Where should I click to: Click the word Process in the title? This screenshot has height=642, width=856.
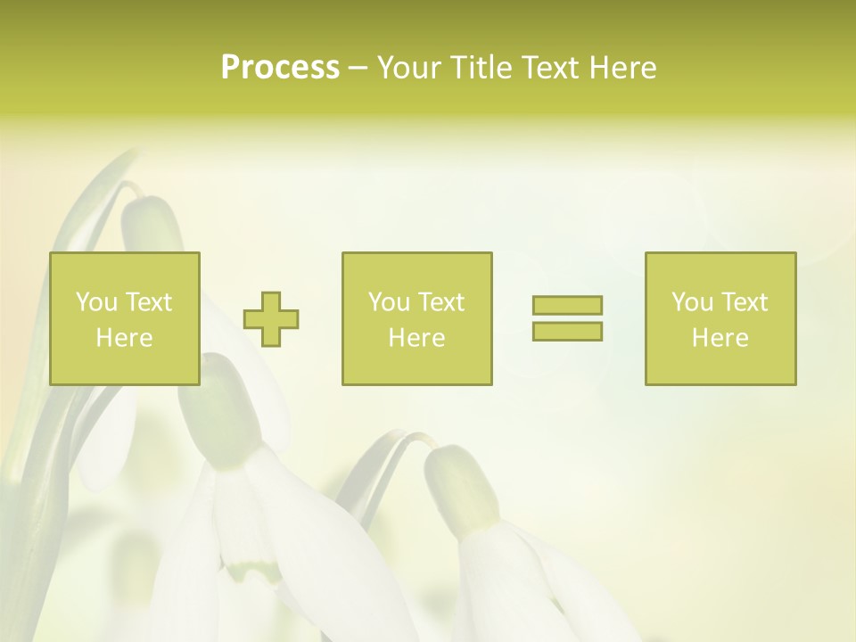pyautogui.click(x=280, y=68)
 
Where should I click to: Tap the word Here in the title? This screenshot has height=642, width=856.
pyautogui.click(x=622, y=68)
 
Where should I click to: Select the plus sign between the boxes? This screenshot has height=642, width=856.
pyautogui.click(x=271, y=318)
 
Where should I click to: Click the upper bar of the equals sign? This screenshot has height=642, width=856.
pyautogui.click(x=567, y=305)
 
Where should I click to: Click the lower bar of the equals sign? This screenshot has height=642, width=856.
pyautogui.click(x=567, y=331)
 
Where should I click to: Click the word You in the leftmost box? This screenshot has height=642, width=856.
pyautogui.click(x=96, y=302)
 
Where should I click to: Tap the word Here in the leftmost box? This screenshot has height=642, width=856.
pyautogui.click(x=124, y=338)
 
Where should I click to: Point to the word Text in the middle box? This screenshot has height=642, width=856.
pyautogui.click(x=440, y=302)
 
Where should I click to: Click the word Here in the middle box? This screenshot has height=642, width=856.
pyautogui.click(x=416, y=338)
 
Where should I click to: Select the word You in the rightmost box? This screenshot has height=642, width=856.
pyautogui.click(x=692, y=302)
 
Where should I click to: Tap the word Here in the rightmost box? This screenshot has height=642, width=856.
pyautogui.click(x=720, y=338)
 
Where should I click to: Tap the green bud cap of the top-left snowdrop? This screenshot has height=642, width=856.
pyautogui.click(x=150, y=223)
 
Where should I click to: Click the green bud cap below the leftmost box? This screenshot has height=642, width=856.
pyautogui.click(x=218, y=410)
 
